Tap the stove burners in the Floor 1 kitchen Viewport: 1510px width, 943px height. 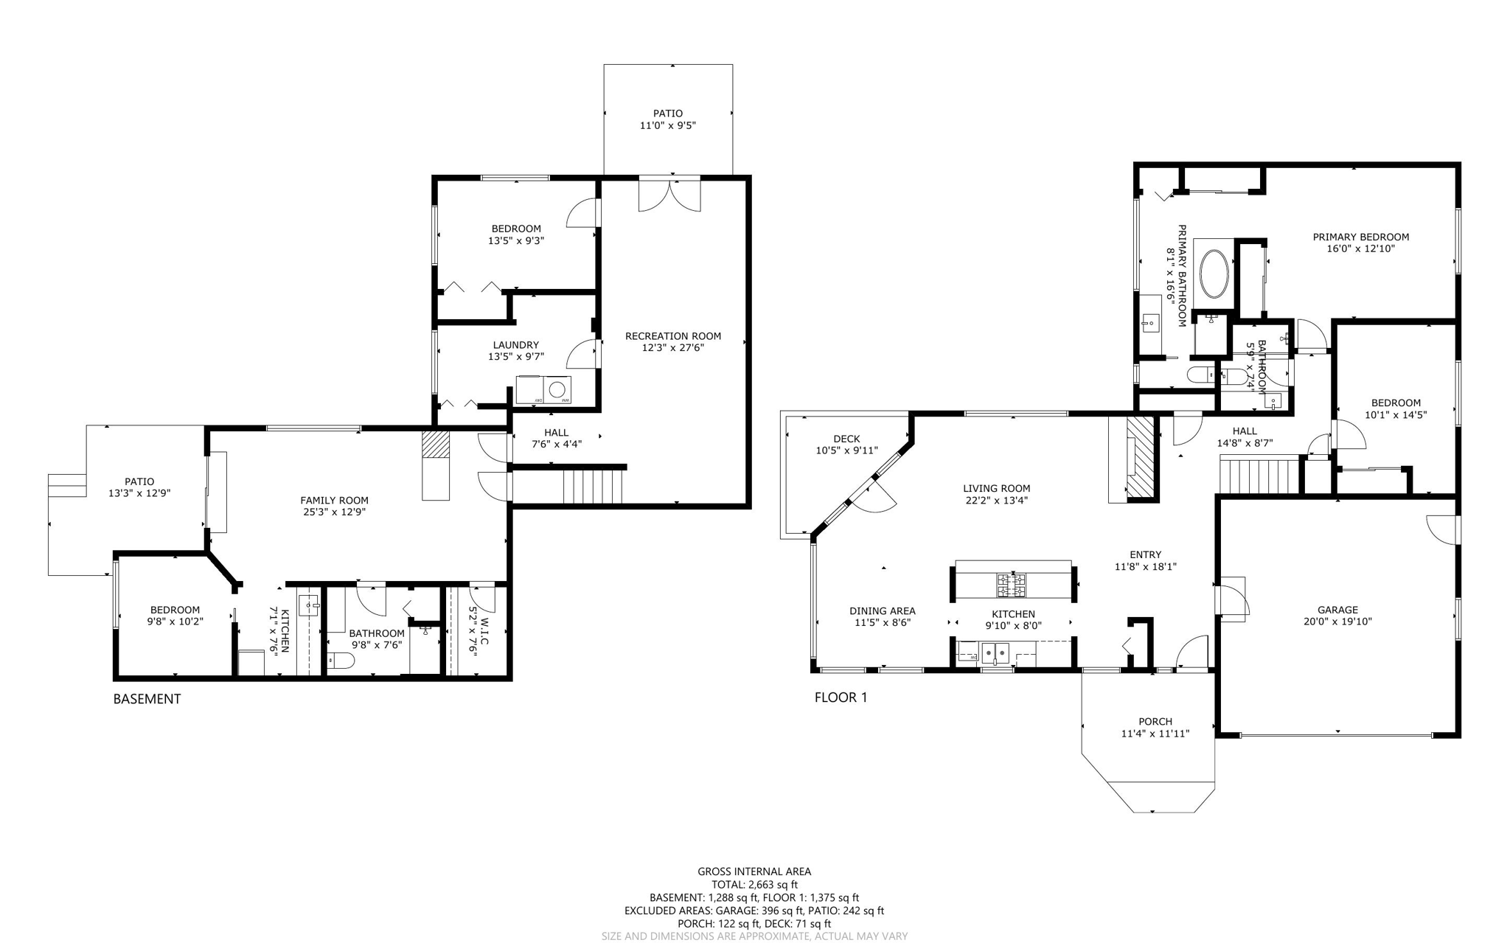click(x=1011, y=585)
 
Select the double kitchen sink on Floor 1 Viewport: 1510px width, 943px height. click(x=995, y=653)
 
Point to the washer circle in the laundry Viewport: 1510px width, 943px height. click(x=557, y=389)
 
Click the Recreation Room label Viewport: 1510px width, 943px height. click(x=672, y=336)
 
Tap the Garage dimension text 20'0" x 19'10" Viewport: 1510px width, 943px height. click(x=1337, y=622)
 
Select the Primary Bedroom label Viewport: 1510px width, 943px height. click(x=1360, y=237)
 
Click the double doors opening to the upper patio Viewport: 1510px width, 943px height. click(x=669, y=194)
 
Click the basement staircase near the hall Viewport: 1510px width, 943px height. click(x=593, y=487)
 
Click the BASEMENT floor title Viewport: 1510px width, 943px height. click(x=147, y=699)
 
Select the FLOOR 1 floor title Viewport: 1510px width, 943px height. click(x=841, y=697)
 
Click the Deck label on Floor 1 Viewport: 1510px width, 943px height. click(x=846, y=439)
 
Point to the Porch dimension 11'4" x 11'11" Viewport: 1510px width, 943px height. click(x=1155, y=734)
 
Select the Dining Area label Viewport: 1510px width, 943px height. click(x=882, y=611)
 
